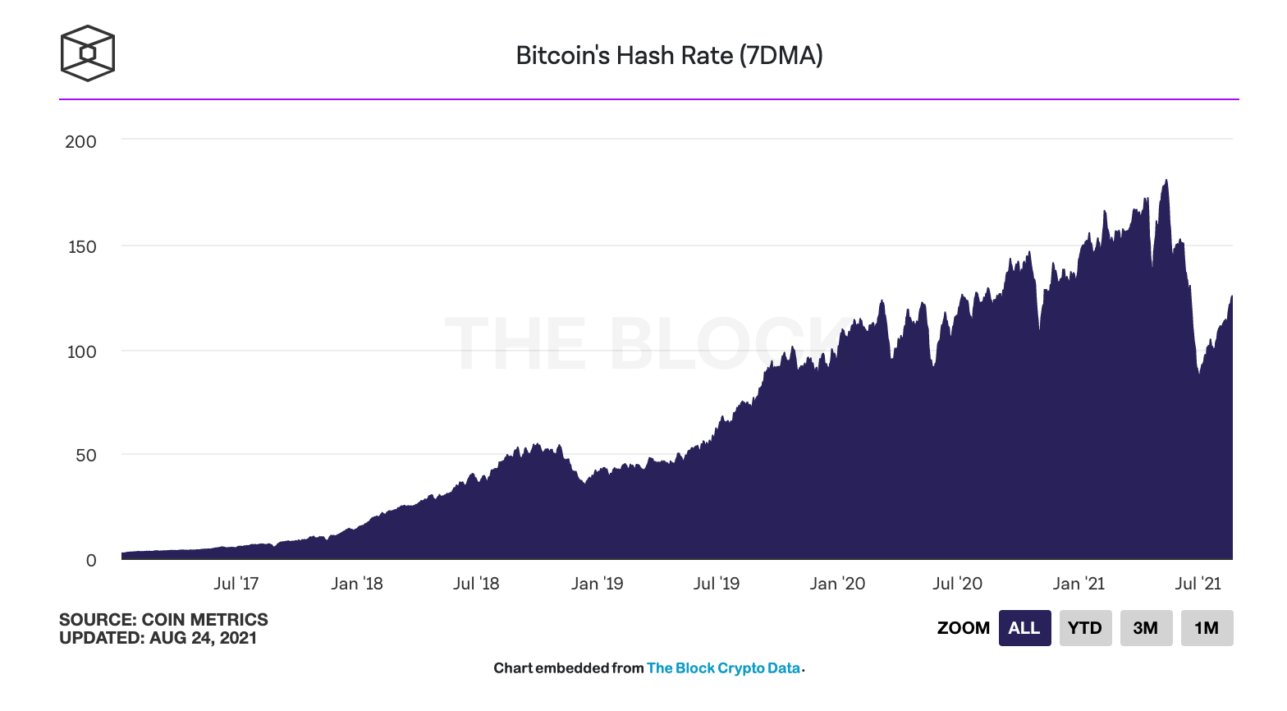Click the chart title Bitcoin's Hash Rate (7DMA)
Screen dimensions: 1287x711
pos(670,56)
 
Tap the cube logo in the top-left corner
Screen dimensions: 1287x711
pos(87,53)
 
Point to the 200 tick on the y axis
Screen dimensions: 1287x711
pos(80,141)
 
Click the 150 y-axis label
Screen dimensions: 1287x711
pos(81,246)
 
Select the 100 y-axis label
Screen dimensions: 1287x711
pos(81,351)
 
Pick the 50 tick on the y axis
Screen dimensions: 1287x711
pos(85,455)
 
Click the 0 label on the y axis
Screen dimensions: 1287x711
pos(91,561)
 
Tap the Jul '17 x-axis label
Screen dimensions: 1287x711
pos(236,584)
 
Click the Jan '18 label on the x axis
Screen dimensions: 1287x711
pos(356,584)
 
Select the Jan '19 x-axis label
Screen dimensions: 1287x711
pos(597,584)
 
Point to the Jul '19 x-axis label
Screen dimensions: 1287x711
pos(717,584)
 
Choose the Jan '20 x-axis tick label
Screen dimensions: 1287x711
pos(837,584)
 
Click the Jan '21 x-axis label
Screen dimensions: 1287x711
pos(1079,584)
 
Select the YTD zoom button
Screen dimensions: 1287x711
pos(1085,627)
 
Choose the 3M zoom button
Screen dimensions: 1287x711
pos(1146,627)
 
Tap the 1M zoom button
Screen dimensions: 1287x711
pos(1207,627)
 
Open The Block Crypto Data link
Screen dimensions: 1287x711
pos(723,667)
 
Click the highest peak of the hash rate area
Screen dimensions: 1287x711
pos(1166,181)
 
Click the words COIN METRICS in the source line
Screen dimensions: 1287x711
pos(204,620)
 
